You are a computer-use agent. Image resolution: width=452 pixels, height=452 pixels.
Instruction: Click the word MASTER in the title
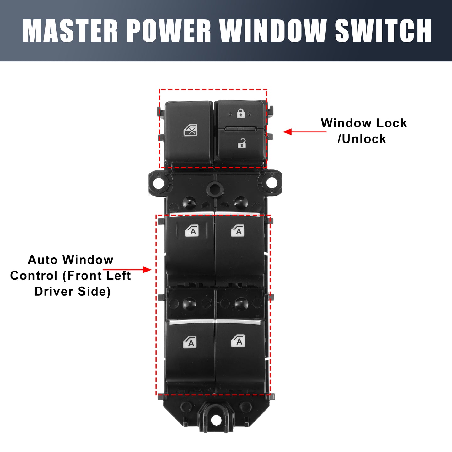(x=70, y=31)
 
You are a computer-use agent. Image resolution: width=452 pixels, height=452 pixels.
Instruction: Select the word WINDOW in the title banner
(x=272, y=31)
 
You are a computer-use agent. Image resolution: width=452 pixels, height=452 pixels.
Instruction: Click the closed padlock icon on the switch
(x=240, y=113)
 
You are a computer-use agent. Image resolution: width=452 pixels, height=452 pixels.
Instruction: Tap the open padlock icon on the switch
(x=242, y=143)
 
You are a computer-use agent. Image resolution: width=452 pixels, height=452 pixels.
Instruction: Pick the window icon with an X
(x=190, y=130)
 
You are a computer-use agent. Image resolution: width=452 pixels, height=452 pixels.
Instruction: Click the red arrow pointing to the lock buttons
(x=304, y=132)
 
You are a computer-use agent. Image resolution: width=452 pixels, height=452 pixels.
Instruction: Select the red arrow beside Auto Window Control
(x=127, y=270)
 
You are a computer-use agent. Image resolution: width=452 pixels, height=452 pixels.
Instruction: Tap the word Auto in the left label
(x=43, y=260)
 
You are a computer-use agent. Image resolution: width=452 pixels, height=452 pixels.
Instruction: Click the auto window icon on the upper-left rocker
(x=192, y=230)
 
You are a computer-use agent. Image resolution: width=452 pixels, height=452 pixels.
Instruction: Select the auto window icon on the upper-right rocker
(x=238, y=230)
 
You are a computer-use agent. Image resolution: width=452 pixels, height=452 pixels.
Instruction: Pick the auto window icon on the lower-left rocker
(x=190, y=342)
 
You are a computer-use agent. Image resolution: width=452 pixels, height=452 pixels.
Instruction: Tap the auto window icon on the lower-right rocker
(x=238, y=340)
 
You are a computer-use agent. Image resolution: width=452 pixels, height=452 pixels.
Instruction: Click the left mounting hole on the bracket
(x=158, y=183)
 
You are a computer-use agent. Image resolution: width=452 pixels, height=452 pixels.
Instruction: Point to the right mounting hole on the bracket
(x=272, y=183)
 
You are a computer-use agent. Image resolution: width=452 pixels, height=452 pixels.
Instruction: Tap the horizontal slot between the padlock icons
(x=241, y=129)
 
